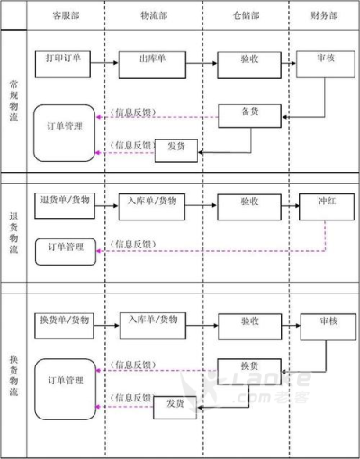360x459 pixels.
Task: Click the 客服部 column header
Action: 66,15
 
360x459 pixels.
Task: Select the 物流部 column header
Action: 154,15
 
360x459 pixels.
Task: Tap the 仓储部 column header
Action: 247,15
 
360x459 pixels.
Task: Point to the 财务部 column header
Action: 324,15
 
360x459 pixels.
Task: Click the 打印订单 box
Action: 63,65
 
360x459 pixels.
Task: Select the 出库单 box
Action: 152,65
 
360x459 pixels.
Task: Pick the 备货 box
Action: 249,116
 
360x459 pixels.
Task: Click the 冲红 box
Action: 327,207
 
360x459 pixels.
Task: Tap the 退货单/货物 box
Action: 65,206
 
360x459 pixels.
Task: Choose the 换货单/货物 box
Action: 64,326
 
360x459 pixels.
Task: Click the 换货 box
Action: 249,372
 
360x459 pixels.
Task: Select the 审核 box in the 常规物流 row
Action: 326,65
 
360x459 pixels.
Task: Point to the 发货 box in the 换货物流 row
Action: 175,408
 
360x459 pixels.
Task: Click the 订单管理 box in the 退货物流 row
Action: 66,252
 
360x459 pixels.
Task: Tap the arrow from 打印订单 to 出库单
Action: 104,63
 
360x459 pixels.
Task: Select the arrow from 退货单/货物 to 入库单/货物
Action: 107,206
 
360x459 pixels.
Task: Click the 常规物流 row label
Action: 13,101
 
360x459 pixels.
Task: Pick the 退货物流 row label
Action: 13,233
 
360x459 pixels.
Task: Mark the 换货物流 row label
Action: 13,375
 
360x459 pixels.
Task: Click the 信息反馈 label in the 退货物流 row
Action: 133,245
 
